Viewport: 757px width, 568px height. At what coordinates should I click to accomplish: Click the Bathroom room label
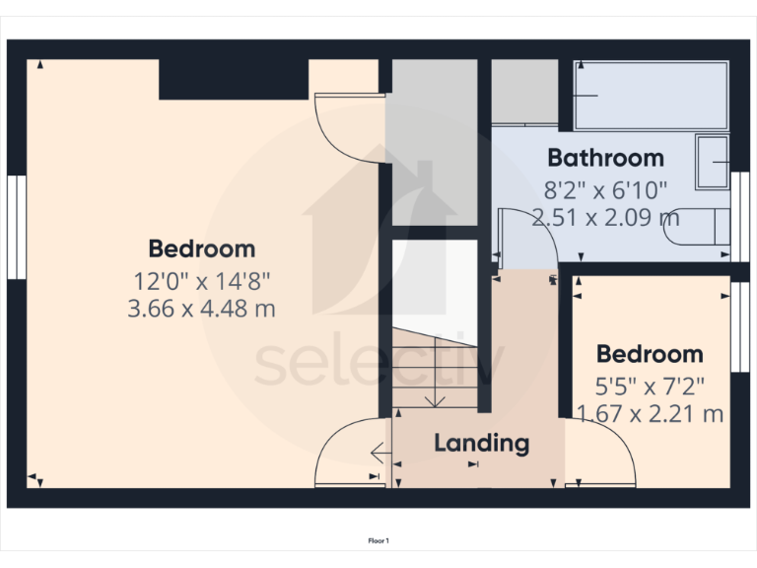605,158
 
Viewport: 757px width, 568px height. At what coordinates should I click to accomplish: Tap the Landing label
482,443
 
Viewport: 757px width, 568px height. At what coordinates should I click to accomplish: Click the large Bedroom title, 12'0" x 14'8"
201,248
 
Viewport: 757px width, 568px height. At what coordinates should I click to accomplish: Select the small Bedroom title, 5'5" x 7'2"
650,354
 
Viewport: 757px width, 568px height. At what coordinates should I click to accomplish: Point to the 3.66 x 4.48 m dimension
201,309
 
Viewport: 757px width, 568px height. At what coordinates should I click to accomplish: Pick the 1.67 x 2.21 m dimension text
650,413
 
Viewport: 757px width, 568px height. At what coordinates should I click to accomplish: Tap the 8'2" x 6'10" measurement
605,188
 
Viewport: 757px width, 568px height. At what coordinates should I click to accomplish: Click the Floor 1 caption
378,540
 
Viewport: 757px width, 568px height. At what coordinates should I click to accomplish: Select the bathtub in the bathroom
651,96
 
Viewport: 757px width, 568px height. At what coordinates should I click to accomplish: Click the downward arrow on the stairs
435,398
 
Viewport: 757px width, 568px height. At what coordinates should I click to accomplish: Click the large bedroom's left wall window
15,227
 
